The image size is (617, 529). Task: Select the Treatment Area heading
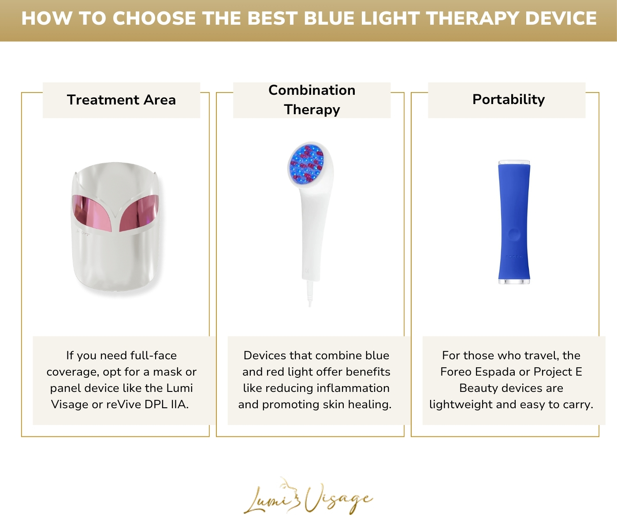pyautogui.click(x=121, y=100)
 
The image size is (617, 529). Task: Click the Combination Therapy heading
pyautogui.click(x=312, y=100)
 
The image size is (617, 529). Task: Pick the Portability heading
pyautogui.click(x=508, y=100)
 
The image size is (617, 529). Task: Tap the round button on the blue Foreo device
pyautogui.click(x=514, y=234)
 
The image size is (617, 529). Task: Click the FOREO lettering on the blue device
pyautogui.click(x=514, y=257)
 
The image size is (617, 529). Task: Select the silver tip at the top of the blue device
pyautogui.click(x=514, y=162)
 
